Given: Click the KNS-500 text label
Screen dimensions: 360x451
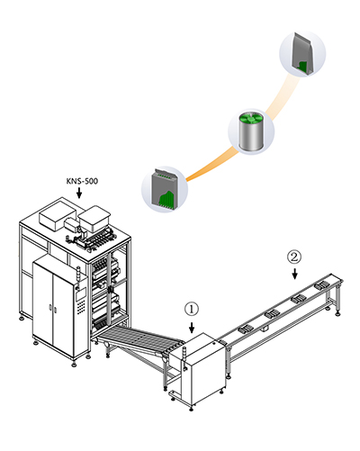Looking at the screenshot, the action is [82, 181].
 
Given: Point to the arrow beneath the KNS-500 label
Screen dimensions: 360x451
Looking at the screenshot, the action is [79, 193].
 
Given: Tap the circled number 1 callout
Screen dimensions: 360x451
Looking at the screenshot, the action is [192, 309].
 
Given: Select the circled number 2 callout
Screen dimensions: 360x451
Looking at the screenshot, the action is [294, 257].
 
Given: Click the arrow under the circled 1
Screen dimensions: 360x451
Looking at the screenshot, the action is [192, 328].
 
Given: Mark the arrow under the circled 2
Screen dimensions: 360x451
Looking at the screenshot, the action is [295, 274].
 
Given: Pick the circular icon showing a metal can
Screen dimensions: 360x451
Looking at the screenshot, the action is [251, 131].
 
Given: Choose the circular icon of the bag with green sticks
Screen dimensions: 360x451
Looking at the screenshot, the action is [165, 189].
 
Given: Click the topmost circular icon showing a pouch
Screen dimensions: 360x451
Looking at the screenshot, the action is [302, 53].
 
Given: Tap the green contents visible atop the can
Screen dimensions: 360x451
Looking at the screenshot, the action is [251, 119].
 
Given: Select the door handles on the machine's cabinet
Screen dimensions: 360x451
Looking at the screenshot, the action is [53, 309].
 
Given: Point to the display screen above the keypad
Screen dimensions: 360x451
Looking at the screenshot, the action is [81, 293].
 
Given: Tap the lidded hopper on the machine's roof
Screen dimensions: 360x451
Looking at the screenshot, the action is [94, 219].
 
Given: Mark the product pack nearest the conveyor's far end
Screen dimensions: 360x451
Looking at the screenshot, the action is [322, 284].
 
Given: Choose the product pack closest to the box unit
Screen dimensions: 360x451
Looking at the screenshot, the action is [247, 329].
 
